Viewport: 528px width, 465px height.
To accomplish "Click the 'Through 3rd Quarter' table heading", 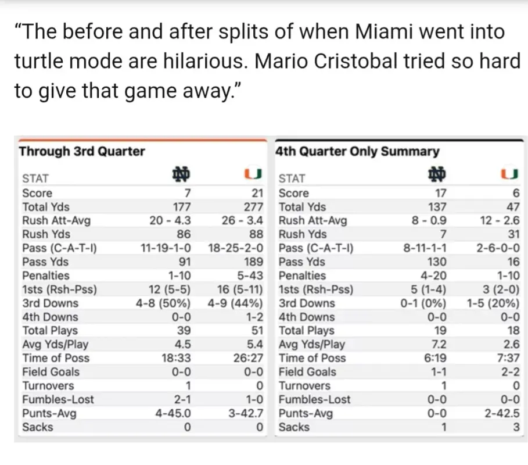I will click(82, 152).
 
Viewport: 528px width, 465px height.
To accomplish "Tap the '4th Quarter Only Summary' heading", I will click(357, 152).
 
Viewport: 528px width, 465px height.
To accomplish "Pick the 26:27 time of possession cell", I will click(249, 358).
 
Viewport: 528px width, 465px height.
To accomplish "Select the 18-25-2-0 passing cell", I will click(236, 248).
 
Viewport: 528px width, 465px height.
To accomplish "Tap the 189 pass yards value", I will click(253, 262).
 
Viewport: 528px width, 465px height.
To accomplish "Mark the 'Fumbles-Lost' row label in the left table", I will click(58, 399).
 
